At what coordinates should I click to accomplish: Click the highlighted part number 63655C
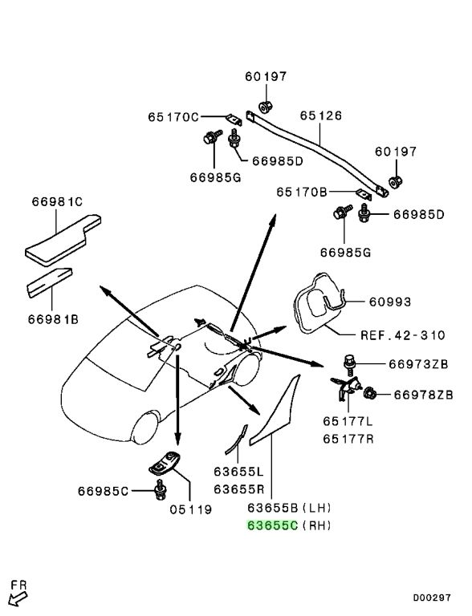pos(272,525)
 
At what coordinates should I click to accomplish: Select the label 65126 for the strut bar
pos(321,115)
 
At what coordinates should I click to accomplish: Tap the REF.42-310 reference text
pos(403,335)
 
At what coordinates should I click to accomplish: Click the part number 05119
pos(191,509)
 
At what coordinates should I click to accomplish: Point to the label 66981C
pos(57,201)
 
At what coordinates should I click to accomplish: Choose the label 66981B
pos(53,319)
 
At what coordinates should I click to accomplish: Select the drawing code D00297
pos(432,598)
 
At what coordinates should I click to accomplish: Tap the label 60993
pos(390,302)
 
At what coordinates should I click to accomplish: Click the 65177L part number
pos(348,421)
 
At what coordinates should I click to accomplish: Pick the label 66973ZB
pos(418,364)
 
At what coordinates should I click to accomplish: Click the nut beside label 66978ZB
pos(369,393)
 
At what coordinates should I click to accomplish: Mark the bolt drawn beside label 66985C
pos(161,489)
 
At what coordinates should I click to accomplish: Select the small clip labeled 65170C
pos(234,119)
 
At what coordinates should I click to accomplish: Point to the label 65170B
pos(302,192)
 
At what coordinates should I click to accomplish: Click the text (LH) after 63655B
pos(316,508)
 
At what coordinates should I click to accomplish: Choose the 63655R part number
pos(238,489)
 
